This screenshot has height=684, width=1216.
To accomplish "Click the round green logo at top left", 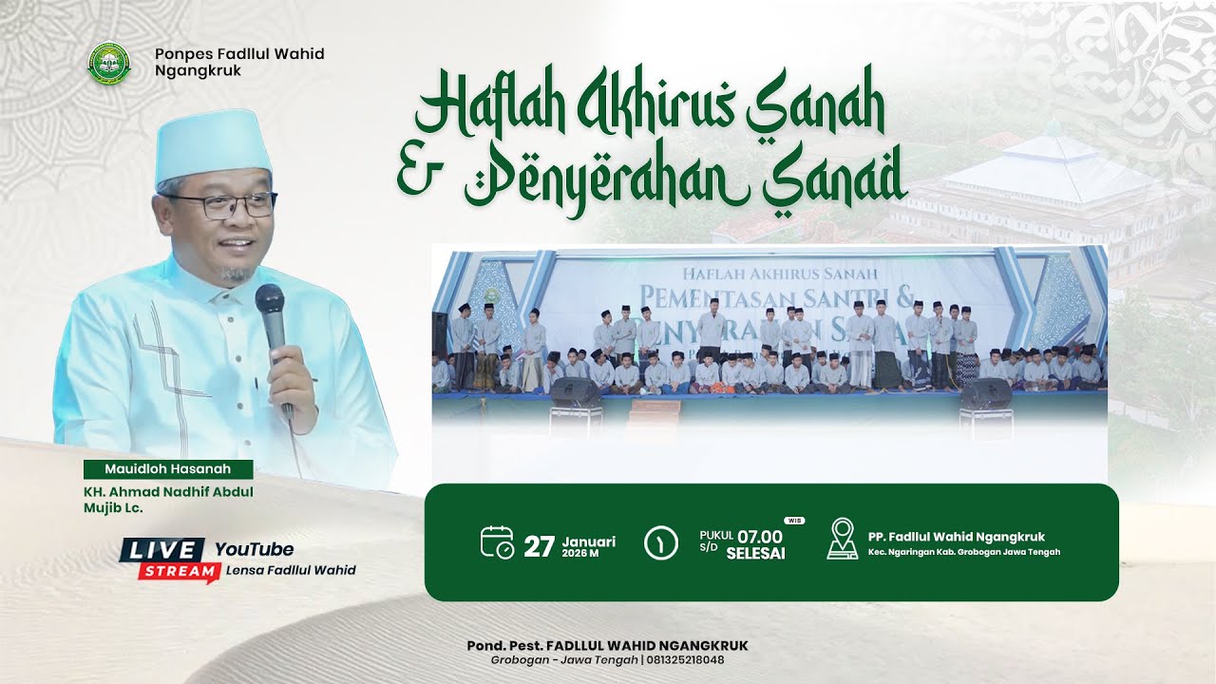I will coord(108,62).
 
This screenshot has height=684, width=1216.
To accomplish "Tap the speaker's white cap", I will coord(213,145).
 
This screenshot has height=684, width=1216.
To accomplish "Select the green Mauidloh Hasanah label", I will coord(168,468).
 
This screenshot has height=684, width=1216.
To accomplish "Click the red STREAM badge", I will coord(175,571).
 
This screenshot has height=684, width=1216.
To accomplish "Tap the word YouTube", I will coord(254,549).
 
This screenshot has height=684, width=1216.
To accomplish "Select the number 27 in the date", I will coord(539,546).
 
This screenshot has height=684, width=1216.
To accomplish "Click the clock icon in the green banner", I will coord(661,542).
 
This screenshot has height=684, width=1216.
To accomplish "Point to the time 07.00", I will coord(760,536).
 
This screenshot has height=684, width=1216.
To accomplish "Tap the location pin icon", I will coord(842,539).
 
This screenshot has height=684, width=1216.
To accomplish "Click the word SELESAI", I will coord(755,554).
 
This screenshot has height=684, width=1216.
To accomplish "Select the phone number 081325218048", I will coord(685,660).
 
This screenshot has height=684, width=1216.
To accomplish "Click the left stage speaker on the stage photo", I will coord(576,392).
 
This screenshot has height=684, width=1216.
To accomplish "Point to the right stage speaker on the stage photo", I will coord(985,392).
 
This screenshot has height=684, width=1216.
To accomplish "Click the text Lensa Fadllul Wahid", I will coord(291,570).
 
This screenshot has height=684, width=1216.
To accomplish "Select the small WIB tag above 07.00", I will coord(793,521).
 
